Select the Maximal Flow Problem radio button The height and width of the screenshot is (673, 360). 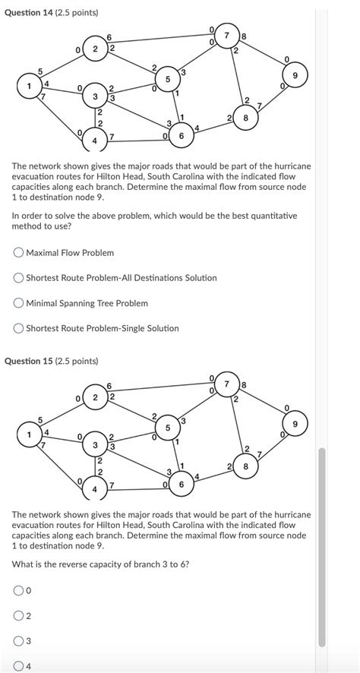click(18, 252)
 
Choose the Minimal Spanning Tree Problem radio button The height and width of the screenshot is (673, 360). click(18, 303)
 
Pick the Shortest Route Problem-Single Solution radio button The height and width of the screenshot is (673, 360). click(18, 328)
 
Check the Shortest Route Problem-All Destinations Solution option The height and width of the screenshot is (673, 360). click(18, 277)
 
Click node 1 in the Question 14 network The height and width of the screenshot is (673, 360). click(30, 86)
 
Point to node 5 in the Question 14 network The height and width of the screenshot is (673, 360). click(167, 79)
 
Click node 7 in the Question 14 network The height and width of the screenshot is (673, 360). click(226, 36)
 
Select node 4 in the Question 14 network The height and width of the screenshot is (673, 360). click(95, 141)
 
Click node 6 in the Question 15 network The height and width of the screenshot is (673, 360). click(181, 484)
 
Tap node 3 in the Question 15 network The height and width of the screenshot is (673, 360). click(95, 444)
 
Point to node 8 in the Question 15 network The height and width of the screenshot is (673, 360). click(245, 466)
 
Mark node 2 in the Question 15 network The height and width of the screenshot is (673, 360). click(95, 397)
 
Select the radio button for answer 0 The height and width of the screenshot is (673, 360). click(18, 589)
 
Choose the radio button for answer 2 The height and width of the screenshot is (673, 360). click(18, 615)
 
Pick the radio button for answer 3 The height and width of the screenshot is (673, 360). click(18, 641)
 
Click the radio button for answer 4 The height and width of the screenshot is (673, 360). click(18, 666)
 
